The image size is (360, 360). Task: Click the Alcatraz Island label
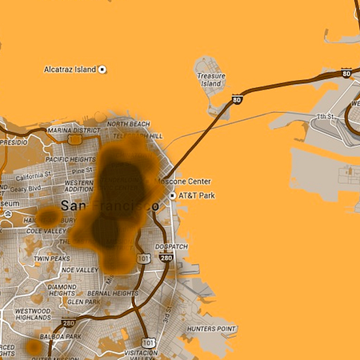coord(70,70)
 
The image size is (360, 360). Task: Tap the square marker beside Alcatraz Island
coord(102,70)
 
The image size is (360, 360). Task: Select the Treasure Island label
coord(211,79)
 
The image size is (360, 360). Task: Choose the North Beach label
coord(128,124)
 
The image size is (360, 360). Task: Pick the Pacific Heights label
coord(71,159)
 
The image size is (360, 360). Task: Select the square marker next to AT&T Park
coord(172,194)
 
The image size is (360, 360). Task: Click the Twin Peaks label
coord(51,258)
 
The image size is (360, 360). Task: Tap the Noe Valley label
coord(80,270)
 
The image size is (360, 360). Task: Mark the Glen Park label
coord(84,302)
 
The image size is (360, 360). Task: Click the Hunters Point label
coord(211,329)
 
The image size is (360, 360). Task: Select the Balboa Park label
coord(62,337)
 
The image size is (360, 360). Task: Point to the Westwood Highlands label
coord(33,314)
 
